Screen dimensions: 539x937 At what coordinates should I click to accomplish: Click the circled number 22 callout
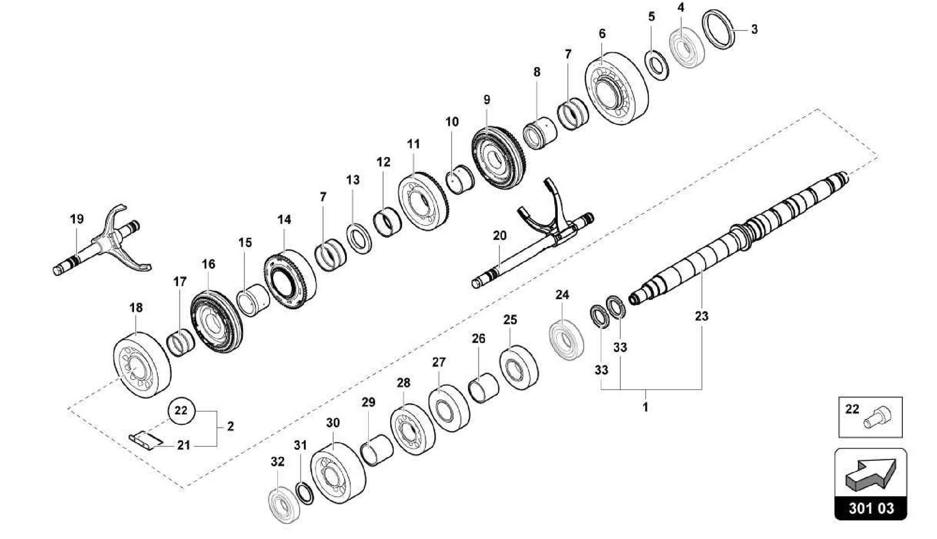click(182, 410)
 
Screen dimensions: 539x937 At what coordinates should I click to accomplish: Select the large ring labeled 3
click(719, 29)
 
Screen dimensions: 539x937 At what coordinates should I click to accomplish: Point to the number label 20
click(500, 235)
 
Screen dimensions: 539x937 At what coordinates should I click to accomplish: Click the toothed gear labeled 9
click(496, 158)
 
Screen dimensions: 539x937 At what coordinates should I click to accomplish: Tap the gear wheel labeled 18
click(141, 365)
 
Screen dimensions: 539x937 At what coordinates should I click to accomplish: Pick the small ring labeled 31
click(305, 492)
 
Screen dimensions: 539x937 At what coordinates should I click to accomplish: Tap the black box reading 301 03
click(871, 509)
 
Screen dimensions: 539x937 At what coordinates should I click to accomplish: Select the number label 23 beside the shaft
click(701, 316)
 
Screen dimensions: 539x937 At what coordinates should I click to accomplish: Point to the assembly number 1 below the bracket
click(646, 407)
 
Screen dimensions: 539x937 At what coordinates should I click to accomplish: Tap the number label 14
click(284, 219)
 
